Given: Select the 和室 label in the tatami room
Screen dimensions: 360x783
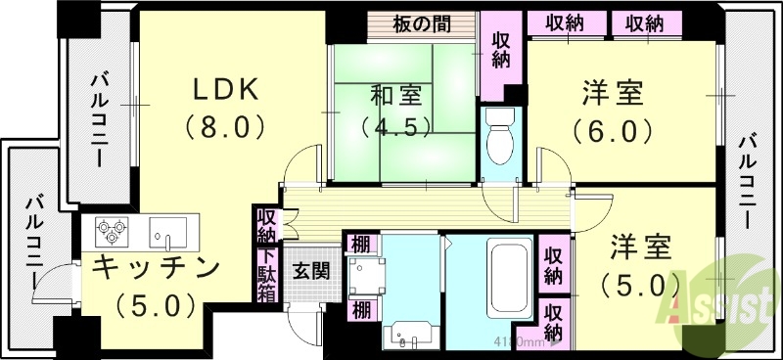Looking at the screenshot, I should [x=396, y=96].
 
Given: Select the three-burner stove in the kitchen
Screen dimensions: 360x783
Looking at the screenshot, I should [x=113, y=232].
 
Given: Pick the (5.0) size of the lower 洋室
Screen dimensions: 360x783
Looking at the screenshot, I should [x=641, y=285].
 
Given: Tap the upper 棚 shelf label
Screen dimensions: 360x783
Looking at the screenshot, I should [x=360, y=244].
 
